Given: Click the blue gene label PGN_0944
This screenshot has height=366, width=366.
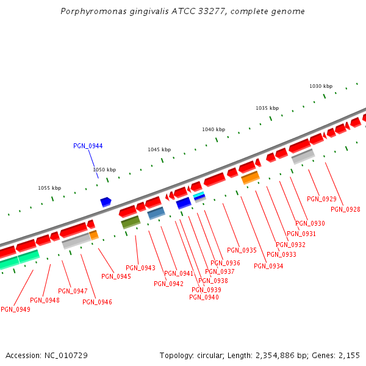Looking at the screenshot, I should pos(88,146).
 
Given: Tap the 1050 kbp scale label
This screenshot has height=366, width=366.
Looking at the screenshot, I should pos(104,170).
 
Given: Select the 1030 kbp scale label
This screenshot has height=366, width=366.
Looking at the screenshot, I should pos(321,86).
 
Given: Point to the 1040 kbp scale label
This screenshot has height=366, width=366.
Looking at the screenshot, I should pos(213,129).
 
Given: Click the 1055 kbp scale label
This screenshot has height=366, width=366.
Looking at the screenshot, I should pos(49,188).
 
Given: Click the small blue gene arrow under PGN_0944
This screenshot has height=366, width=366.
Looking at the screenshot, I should pos(106,201).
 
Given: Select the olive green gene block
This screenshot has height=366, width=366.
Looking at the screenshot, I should pos(131,222).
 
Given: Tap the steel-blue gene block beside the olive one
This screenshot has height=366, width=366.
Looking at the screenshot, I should pos(156,213).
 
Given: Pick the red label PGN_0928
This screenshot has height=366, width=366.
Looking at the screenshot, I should pos(345,209).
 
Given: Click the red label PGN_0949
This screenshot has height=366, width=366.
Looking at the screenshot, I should pos(15,309).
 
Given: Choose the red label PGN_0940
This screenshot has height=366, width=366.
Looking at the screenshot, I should pos(204,297).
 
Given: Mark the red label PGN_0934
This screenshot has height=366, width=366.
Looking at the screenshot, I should pos(268,266).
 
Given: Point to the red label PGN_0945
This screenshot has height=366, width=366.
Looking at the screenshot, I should pos(116,276).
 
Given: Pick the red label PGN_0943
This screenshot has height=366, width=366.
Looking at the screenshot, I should pos(140,268).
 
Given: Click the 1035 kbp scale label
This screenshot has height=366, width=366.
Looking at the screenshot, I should pos(267,108).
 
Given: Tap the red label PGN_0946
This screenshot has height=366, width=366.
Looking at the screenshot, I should pos(97,302).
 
